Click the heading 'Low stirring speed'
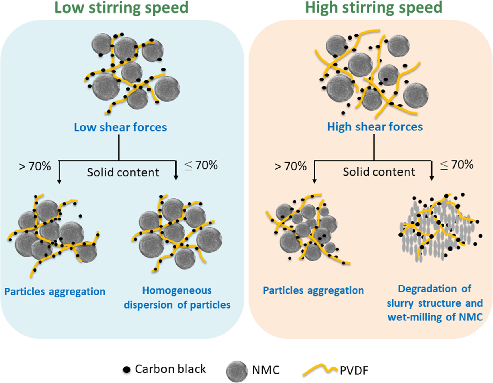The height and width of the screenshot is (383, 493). pyautogui.click(x=121, y=8)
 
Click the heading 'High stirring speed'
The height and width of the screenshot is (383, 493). pyautogui.click(x=373, y=8)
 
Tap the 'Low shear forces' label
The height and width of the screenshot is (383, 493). pyautogui.click(x=120, y=127)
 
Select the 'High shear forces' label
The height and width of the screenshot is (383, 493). pyautogui.click(x=375, y=127)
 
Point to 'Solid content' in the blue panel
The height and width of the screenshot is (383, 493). pyautogui.click(x=123, y=172)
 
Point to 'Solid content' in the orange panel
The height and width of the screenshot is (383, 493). pyautogui.click(x=379, y=172)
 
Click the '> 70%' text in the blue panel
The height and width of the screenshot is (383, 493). pyautogui.click(x=35, y=166)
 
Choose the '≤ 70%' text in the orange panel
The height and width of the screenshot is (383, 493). pyautogui.click(x=457, y=165)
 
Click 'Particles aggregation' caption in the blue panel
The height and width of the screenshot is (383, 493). pyautogui.click(x=55, y=292)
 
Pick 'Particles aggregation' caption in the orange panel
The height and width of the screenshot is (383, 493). pyautogui.click(x=313, y=290)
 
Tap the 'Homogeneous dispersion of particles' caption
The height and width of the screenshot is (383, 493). pyautogui.click(x=177, y=298)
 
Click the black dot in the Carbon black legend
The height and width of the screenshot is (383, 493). pyautogui.click(x=126, y=369)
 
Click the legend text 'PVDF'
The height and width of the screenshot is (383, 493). pyautogui.click(x=354, y=371)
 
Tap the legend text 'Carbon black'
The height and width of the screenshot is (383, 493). pyautogui.click(x=170, y=369)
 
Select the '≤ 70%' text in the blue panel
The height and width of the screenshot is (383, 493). pyautogui.click(x=201, y=165)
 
